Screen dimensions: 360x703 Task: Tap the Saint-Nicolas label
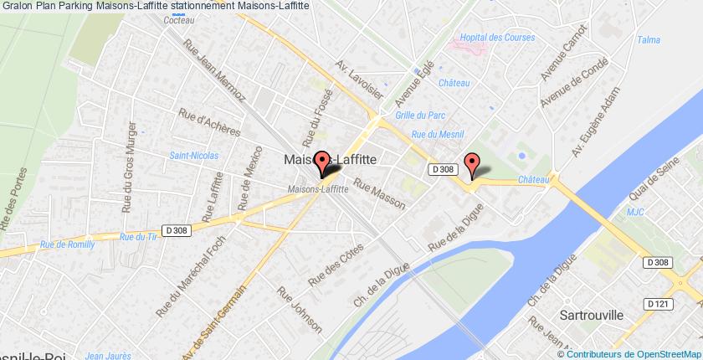pos(193,155)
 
